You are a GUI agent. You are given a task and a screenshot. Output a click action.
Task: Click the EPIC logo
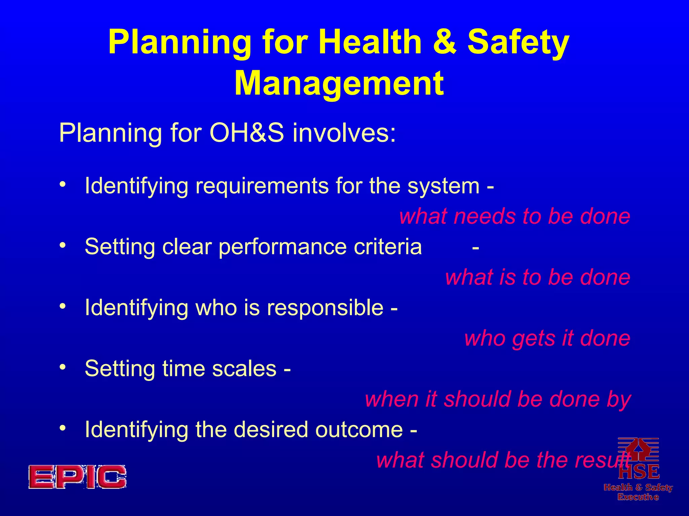(x=77, y=477)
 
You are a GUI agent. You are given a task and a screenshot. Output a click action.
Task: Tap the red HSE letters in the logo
(x=639, y=472)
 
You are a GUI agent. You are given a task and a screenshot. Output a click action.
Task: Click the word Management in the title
(x=339, y=83)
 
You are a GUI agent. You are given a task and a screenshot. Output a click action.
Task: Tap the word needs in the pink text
(x=485, y=216)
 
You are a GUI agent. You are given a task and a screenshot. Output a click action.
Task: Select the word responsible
(x=325, y=308)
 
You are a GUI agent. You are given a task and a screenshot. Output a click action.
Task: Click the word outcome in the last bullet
(x=359, y=430)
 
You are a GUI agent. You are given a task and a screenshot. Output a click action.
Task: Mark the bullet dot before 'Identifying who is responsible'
(x=62, y=306)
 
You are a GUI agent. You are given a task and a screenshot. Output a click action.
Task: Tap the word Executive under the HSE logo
(x=638, y=497)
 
